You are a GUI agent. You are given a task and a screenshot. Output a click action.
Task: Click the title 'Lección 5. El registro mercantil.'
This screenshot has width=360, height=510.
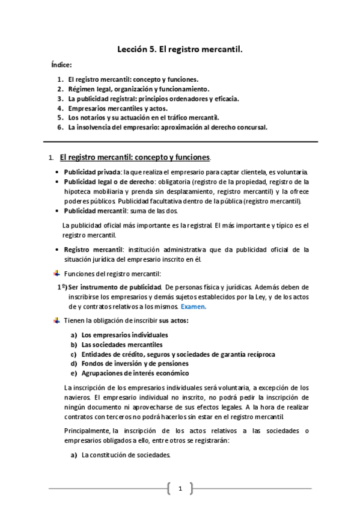tap(180, 52)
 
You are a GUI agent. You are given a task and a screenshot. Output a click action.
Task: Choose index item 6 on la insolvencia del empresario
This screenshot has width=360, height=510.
tap(167, 127)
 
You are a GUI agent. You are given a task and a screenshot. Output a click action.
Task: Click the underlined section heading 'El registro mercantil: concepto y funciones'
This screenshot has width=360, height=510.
tap(135, 158)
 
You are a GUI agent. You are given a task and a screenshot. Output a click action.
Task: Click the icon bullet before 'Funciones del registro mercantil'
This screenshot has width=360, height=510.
tap(57, 275)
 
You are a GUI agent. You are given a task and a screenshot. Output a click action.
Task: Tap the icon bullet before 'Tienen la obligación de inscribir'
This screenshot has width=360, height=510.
tap(57, 321)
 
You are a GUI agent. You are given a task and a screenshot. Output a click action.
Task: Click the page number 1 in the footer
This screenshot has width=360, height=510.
tap(180, 489)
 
